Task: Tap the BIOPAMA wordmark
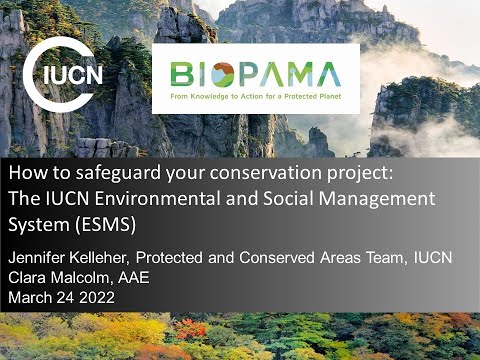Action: [256, 73]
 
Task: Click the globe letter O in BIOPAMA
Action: [217, 73]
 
